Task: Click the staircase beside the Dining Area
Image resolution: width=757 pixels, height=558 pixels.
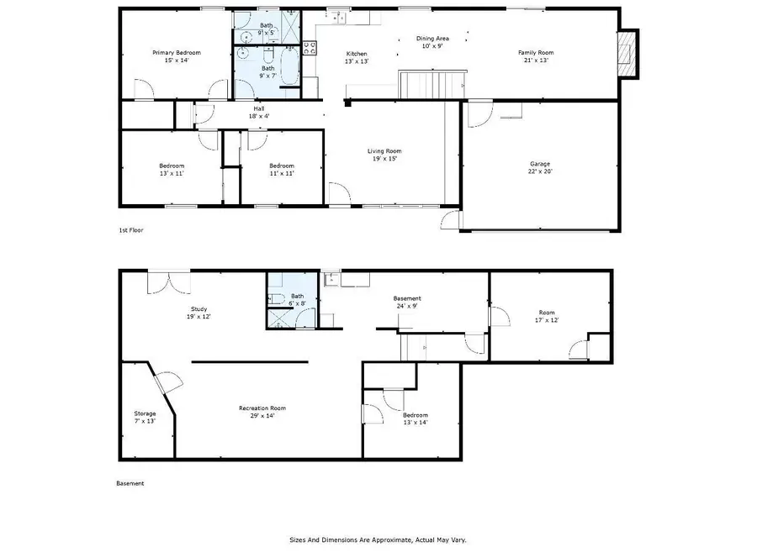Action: pos(431,84)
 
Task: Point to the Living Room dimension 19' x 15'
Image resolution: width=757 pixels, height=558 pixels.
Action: pos(384,158)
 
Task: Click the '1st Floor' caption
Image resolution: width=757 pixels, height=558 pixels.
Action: pos(130,229)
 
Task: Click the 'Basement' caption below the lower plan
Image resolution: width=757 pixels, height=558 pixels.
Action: pos(130,483)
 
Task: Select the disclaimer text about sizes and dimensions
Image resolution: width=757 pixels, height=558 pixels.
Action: pos(378,540)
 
